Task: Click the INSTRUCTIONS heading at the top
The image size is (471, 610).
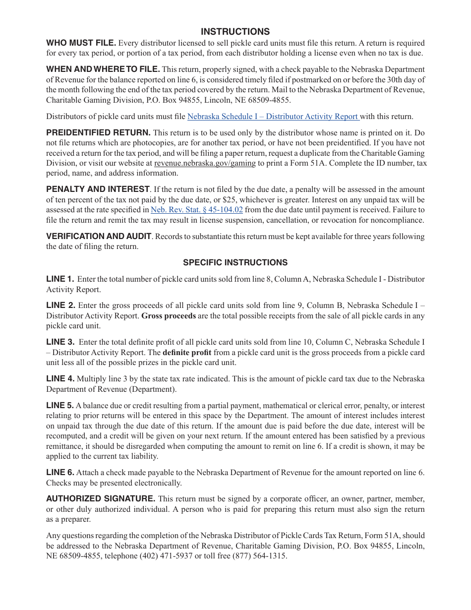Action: pos(235,32)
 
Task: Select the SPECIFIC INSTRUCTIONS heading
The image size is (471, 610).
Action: pos(235,262)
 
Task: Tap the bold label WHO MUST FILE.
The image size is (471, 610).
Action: pos(81,43)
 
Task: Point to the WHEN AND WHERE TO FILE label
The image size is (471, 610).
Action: pos(103,69)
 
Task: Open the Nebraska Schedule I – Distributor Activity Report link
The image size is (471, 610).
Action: pos(273,117)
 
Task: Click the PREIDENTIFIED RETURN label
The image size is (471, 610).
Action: pos(98,132)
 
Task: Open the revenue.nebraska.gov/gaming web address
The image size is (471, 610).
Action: pos(205,163)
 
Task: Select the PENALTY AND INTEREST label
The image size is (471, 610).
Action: pos(98,189)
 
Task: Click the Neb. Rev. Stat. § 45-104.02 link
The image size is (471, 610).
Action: pos(197,210)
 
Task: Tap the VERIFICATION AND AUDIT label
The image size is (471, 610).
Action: pos(99,236)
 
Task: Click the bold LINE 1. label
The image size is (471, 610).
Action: pos(60,279)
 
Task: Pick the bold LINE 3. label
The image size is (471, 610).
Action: pos(60,342)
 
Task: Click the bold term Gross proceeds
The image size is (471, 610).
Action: pos(169,316)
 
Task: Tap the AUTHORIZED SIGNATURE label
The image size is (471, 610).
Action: pos(101,498)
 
